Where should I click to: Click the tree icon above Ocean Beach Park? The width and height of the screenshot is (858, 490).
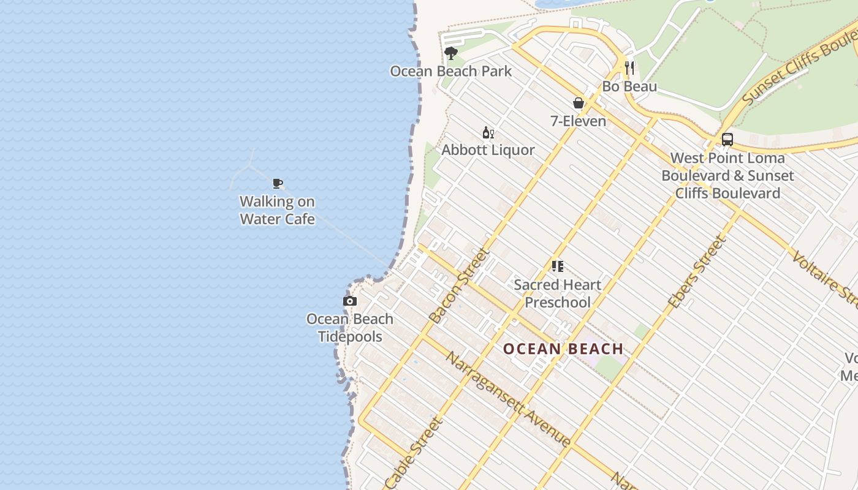tap(451, 53)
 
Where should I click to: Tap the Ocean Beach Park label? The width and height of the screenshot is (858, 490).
tap(451, 71)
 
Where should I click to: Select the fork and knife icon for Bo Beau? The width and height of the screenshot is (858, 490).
tap(629, 67)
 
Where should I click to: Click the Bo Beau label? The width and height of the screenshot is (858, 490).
tap(629, 86)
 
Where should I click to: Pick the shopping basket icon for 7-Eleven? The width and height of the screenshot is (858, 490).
tap(578, 103)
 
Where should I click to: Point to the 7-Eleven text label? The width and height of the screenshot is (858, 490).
tap(578, 121)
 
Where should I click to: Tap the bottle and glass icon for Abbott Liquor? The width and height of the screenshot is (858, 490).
tap(488, 132)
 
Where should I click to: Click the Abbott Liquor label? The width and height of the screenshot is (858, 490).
tap(488, 150)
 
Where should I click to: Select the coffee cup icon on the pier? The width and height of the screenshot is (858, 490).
tap(278, 183)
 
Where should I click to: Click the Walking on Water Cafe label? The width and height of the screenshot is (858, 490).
tap(278, 210)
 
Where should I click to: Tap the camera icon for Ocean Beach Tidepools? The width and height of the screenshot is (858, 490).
tap(350, 301)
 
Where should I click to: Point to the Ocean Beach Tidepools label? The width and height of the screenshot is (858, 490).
tap(350, 328)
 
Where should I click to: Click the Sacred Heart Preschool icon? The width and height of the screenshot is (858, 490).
tap(557, 266)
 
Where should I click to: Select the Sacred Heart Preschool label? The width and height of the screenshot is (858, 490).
tap(558, 293)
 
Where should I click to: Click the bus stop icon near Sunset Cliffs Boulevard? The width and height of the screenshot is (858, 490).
tap(727, 140)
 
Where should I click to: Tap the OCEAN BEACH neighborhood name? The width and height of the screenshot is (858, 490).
tap(563, 349)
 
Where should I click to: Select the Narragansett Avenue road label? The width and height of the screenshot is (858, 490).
tap(508, 399)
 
